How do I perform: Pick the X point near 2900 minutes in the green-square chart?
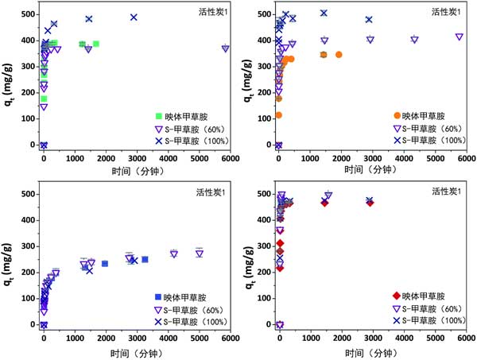point(134,17)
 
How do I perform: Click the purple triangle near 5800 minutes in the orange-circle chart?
point(460,37)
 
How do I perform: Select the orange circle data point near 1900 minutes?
point(339,54)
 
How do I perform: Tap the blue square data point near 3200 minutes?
point(145,259)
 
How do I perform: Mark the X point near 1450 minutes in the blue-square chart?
point(89,270)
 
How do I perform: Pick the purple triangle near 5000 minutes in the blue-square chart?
point(200,254)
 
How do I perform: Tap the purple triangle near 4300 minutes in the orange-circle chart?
point(414,39)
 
